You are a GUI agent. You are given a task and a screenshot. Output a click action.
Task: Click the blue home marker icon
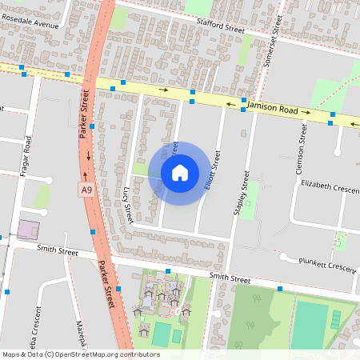pyautogui.click(x=180, y=172)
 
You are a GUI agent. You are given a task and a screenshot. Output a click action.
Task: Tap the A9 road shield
pyautogui.click(x=86, y=189)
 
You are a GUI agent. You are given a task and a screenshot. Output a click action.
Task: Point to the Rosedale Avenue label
pyautogui.click(x=30, y=24)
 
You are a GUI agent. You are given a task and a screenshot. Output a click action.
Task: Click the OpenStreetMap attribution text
pyautogui.click(x=80, y=354)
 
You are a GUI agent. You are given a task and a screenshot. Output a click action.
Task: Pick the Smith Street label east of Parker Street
pyautogui.click(x=230, y=279)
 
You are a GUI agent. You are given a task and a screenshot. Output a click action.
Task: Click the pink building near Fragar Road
pyautogui.click(x=29, y=229)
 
